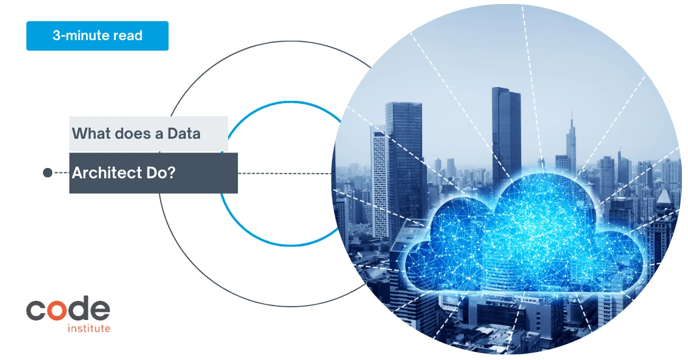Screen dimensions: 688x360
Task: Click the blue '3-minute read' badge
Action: coord(97,36)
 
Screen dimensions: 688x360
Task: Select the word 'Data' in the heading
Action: coord(183,134)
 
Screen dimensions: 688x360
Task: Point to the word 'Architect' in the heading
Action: coord(107,173)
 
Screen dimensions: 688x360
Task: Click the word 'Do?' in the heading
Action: coord(161,173)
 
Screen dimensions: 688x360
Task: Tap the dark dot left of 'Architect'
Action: coord(48,173)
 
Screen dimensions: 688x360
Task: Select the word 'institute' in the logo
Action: coord(89,328)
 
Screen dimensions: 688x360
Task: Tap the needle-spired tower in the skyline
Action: coord(571,141)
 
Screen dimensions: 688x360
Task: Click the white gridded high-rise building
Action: coord(380,181)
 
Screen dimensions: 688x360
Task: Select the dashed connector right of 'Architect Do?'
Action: coord(285,174)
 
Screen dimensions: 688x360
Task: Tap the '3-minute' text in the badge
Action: coord(80,36)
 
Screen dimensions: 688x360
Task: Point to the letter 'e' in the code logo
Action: coord(100,310)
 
